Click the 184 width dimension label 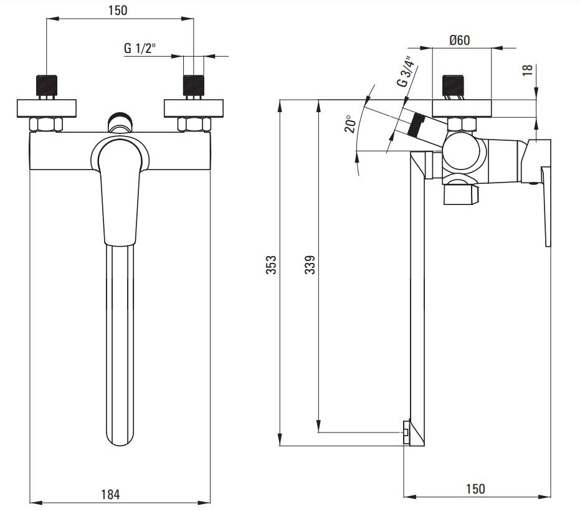coord(110,494)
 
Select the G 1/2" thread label coord(140,48)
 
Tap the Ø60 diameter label coord(460,40)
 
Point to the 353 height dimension coord(271,265)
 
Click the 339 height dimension coord(310,265)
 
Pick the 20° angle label coord(350,124)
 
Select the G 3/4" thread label coord(406,72)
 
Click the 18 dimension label coord(528,70)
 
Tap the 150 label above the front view coord(118,11)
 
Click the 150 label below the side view coord(475,489)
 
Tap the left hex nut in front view coord(46,125)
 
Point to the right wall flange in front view coord(194,108)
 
